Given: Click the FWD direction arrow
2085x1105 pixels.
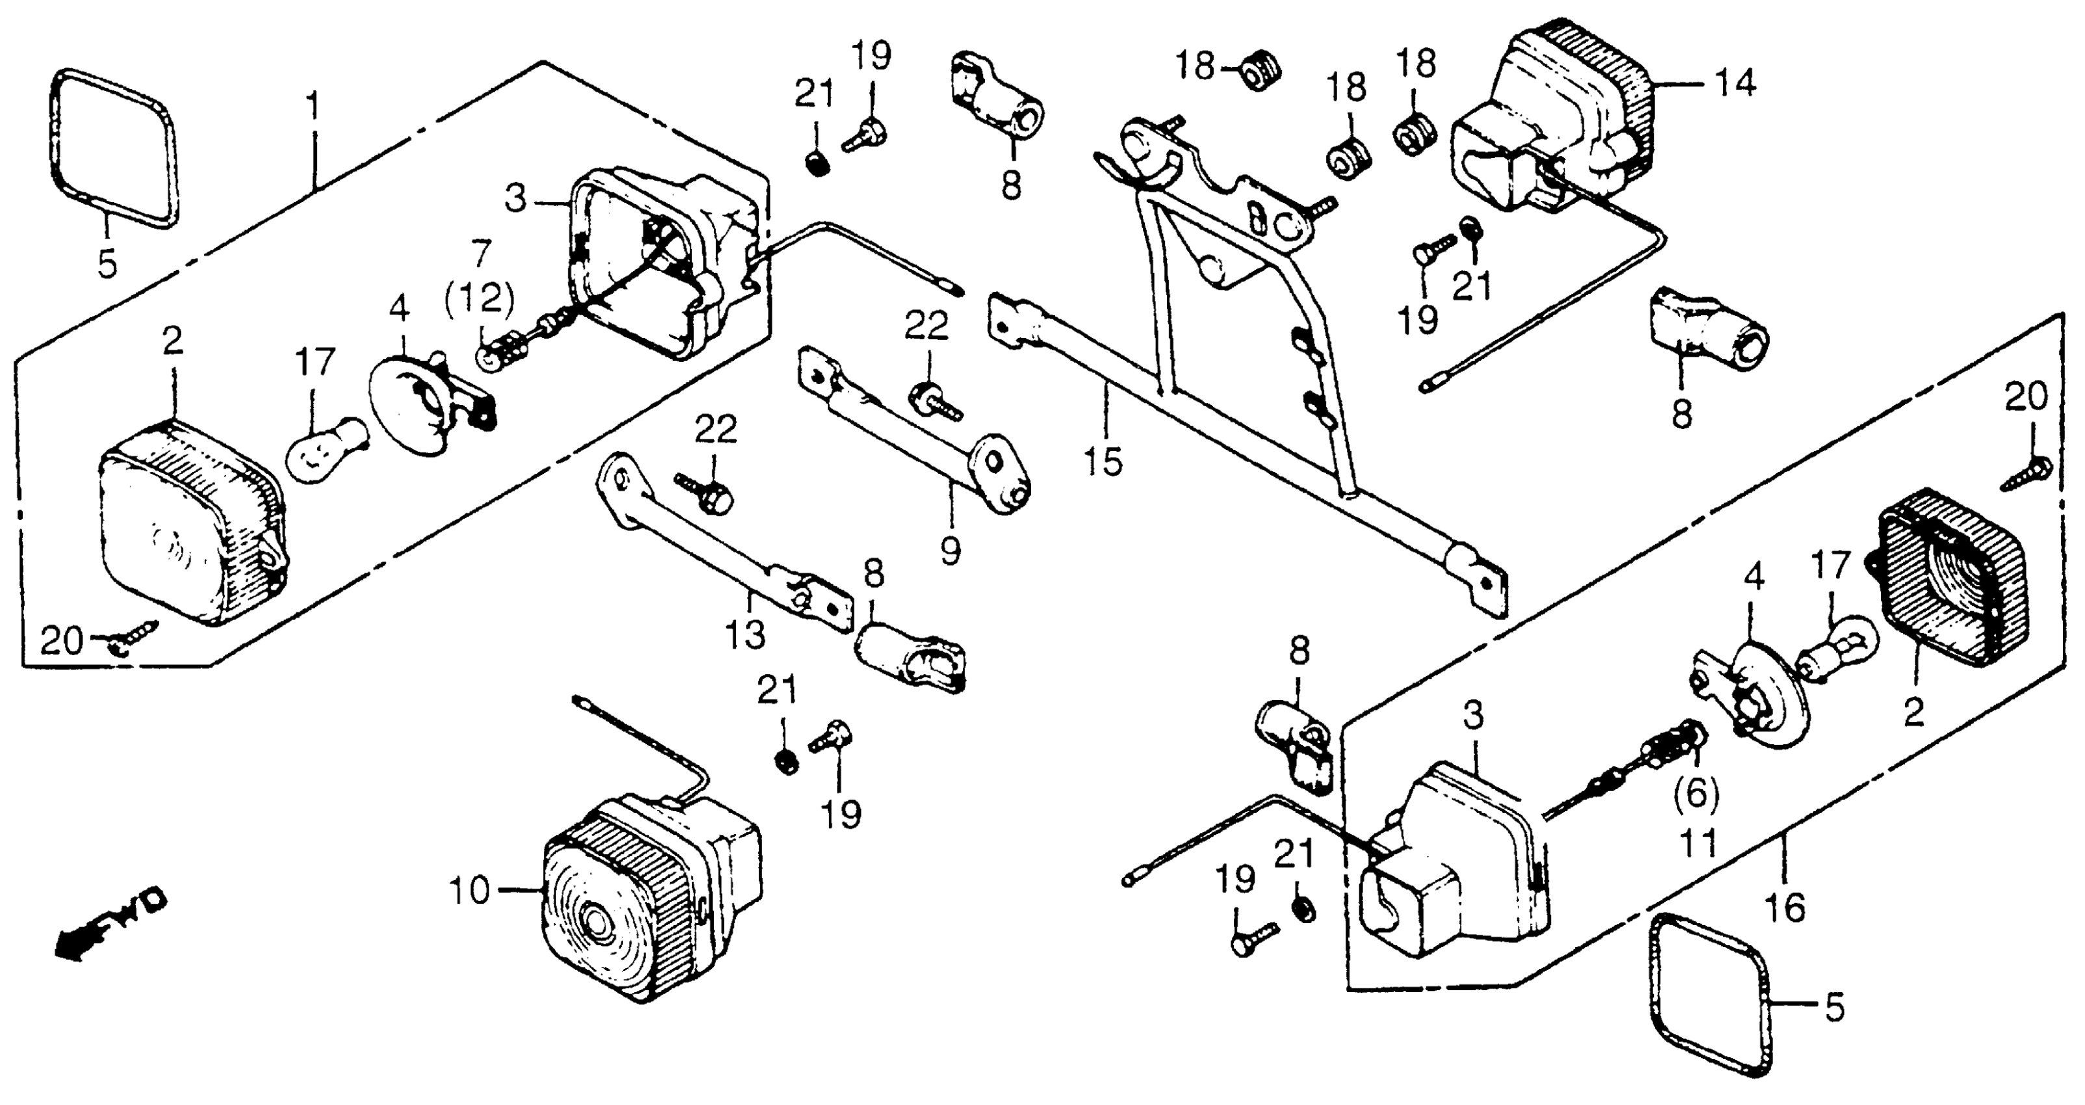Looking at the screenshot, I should (x=109, y=923).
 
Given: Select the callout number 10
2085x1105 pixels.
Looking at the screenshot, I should (x=470, y=891).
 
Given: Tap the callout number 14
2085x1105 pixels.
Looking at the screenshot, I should (x=1733, y=83).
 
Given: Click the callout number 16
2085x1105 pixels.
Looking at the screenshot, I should (x=1785, y=907).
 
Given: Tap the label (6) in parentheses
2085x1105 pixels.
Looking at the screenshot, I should (x=1696, y=794).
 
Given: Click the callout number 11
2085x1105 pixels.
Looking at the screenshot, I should (x=1697, y=844).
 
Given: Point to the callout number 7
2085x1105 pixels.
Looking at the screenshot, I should (x=481, y=254).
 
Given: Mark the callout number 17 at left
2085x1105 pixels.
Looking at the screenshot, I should (x=314, y=363).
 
